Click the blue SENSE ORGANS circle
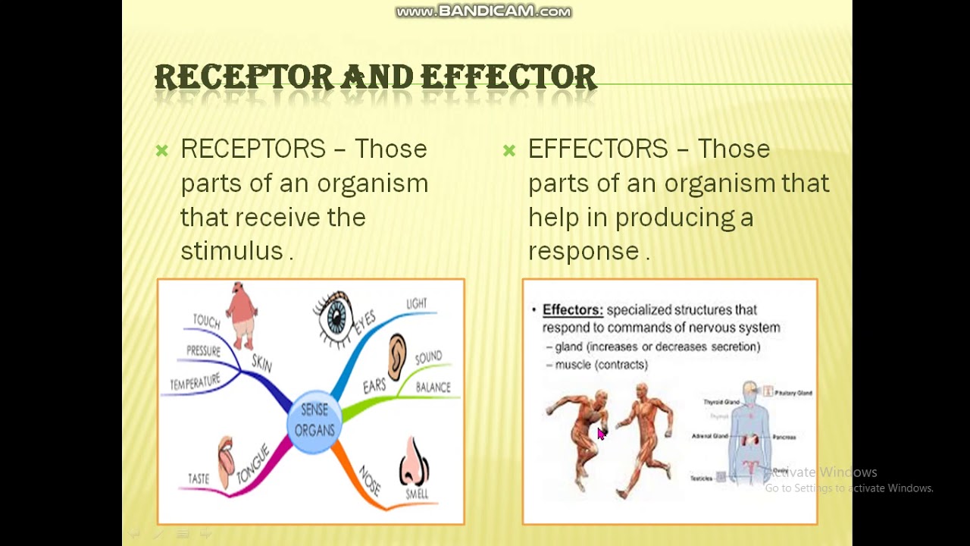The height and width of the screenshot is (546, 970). [x=314, y=422]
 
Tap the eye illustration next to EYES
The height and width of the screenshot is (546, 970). [x=334, y=317]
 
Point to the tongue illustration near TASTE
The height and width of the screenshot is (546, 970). [x=226, y=461]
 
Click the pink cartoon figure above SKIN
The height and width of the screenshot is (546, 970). [x=242, y=314]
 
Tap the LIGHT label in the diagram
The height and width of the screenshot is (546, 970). [x=416, y=303]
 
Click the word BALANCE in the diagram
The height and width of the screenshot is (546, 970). [x=433, y=388]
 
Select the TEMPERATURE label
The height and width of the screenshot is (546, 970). [x=195, y=382]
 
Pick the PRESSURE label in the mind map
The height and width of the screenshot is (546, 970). [x=203, y=351]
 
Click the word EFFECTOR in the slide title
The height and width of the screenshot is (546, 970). [x=508, y=77]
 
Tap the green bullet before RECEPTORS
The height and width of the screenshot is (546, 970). [x=161, y=151]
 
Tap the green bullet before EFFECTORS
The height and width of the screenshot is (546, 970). [x=509, y=151]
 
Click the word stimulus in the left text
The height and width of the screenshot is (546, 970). [x=231, y=251]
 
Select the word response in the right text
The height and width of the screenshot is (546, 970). [x=584, y=251]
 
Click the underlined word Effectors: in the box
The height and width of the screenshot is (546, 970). [x=572, y=309]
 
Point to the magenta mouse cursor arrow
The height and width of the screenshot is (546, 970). [x=601, y=434]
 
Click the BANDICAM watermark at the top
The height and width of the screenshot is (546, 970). [x=483, y=11]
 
